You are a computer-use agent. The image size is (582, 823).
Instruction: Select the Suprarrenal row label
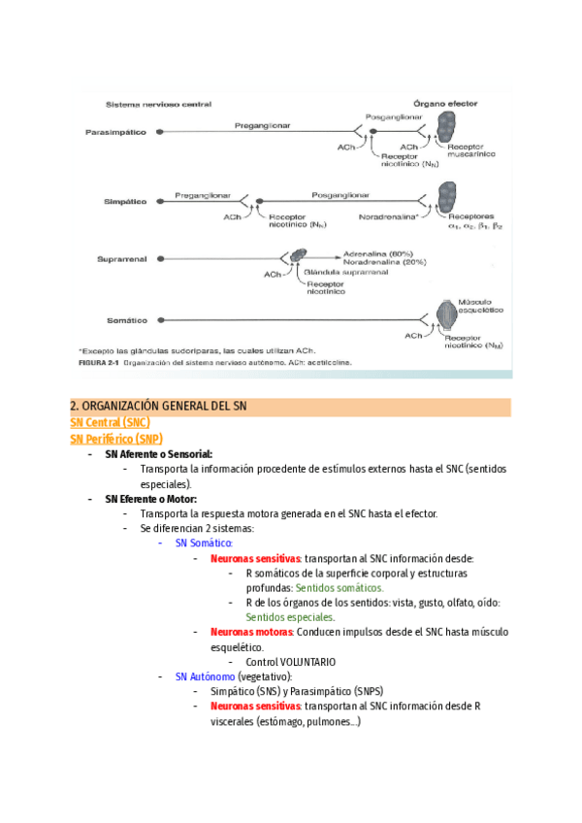pos(121,259)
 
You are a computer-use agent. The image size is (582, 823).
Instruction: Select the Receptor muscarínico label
pos(471,150)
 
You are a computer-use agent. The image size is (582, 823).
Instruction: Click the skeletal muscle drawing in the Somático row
pos(447,318)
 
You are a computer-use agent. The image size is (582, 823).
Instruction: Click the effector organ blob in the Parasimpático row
pos(446,127)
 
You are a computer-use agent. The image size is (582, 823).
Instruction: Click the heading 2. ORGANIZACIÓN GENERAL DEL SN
pos(160,406)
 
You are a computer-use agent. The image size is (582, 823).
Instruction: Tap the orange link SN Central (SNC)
pos(110,422)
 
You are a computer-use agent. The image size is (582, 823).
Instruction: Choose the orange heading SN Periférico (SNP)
pos(116,439)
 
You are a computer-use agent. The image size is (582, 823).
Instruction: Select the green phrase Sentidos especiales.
pos(290,617)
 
